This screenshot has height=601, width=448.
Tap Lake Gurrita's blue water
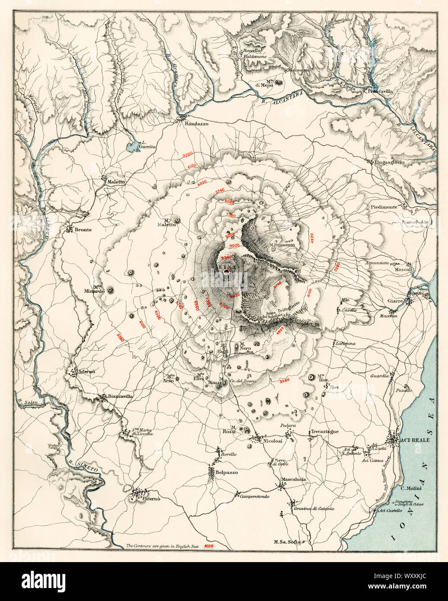click(x=131, y=148)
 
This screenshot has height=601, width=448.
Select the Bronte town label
click(x=83, y=230)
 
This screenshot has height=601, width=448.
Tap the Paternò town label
click(x=151, y=499)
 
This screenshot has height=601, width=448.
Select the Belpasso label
click(x=227, y=473)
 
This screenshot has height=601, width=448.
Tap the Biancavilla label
click(x=120, y=396)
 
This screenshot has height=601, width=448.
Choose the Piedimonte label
click(x=384, y=207)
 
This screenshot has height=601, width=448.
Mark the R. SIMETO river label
click(x=80, y=464)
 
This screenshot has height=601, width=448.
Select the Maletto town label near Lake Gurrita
click(x=116, y=182)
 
